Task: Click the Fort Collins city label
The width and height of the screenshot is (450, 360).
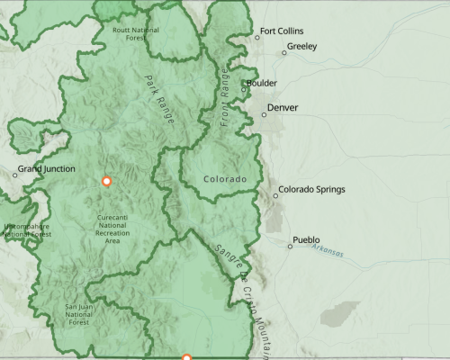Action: pos(282,31)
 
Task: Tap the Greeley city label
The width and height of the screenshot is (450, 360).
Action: pos(301,47)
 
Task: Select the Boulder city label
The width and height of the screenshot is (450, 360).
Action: pos(262,83)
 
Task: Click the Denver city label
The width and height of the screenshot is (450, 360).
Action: pos(282,108)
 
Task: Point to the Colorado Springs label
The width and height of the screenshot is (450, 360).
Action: pos(311,190)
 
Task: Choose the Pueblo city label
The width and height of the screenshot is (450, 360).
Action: pos(306,240)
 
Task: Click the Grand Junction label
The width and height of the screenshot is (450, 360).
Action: pos(45,168)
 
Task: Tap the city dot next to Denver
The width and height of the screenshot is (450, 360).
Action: pos(265,114)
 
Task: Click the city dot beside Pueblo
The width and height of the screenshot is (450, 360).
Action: pos(290,246)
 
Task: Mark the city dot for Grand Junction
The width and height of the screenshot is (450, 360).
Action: pos(14,174)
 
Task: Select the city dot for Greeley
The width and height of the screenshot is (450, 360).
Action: pos(284,52)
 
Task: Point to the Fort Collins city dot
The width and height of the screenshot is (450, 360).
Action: pos(255,37)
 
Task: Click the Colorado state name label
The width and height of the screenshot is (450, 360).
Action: pos(224,180)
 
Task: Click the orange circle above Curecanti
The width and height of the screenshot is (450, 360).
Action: pos(106,181)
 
